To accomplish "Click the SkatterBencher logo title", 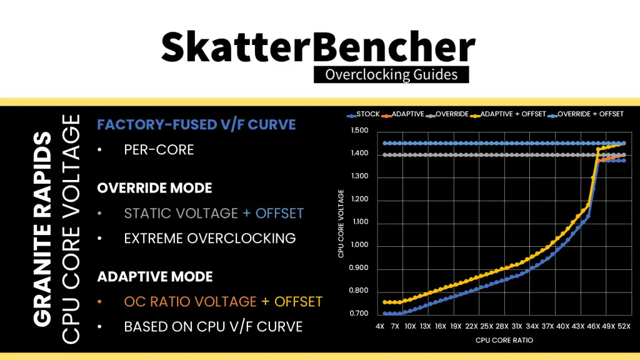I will (319, 47).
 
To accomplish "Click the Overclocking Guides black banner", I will (391, 75).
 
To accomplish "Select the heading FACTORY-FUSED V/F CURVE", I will (196, 124).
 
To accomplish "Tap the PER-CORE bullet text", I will (159, 150).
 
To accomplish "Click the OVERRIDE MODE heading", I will (154, 188).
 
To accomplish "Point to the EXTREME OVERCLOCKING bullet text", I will (209, 238).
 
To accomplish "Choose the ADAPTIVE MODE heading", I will (155, 276).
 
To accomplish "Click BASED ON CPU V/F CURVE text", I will (213, 326).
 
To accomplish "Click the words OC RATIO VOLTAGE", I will (190, 301).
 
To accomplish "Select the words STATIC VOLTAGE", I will (181, 213).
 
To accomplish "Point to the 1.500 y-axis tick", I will (360, 131).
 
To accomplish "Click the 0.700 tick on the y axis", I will (360, 314).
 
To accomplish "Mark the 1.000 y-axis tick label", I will (360, 245).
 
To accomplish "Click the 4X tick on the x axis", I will (380, 327).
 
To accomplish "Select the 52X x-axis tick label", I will (624, 327).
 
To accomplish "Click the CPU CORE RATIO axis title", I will (504, 341).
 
